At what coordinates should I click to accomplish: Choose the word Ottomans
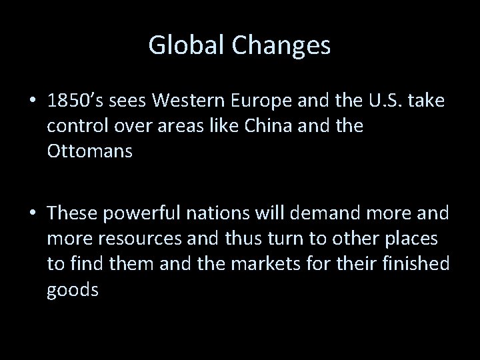(90, 151)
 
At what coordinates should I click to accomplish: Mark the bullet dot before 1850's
(32, 101)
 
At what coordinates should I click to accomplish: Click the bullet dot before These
(32, 213)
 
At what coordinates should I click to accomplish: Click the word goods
(73, 290)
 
